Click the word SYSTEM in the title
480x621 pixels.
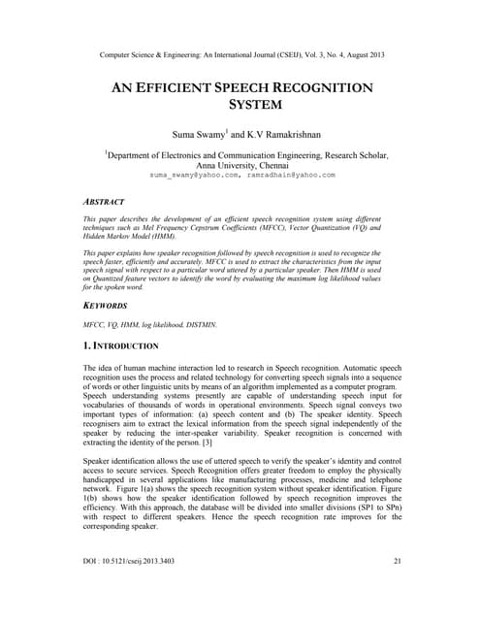click(x=240, y=104)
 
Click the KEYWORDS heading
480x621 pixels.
click(x=108, y=304)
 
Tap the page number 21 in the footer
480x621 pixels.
click(x=398, y=589)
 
